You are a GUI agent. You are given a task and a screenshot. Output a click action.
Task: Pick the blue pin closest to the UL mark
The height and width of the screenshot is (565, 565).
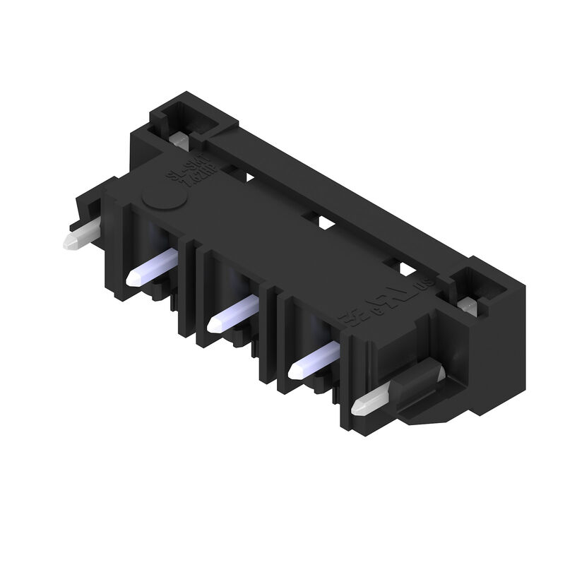pyautogui.click(x=315, y=357)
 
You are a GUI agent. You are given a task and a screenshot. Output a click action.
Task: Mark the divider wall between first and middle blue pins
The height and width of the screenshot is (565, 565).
pyautogui.click(x=189, y=282)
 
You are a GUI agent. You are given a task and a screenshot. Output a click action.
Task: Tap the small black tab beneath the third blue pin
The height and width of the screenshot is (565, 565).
pyautogui.click(x=332, y=403)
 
